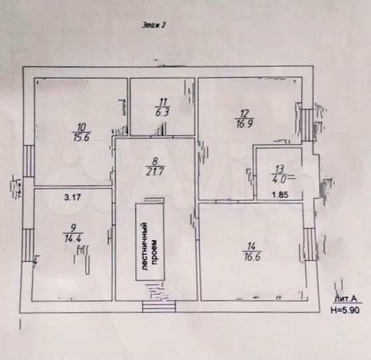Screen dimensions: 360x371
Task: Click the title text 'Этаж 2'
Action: click(x=155, y=27)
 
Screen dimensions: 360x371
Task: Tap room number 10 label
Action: click(x=81, y=127)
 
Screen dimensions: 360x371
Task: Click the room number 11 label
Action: click(x=161, y=102)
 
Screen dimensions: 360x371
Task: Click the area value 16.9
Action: click(x=244, y=123)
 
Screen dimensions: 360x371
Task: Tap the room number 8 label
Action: click(x=155, y=160)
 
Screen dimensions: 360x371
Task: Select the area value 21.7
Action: click(x=155, y=170)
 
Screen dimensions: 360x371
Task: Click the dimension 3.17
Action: click(x=72, y=197)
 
